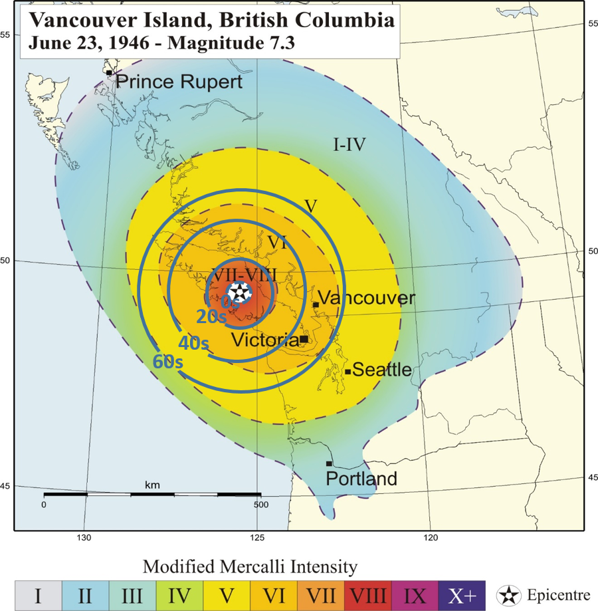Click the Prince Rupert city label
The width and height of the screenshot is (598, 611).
coord(179,82)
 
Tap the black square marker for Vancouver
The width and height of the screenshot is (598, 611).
coord(316,305)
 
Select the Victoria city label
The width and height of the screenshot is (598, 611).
coord(264,340)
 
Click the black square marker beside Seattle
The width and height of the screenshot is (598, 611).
coord(348,372)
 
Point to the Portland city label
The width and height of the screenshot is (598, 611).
coord(361,478)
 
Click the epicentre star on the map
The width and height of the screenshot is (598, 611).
coord(239,292)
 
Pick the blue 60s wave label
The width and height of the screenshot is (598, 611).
coord(167,362)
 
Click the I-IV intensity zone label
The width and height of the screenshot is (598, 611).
coord(349,144)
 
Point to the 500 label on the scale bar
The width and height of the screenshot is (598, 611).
coord(260,504)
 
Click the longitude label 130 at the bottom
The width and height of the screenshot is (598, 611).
coord(84,537)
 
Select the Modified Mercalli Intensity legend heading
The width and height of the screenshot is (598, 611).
coord(250,566)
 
